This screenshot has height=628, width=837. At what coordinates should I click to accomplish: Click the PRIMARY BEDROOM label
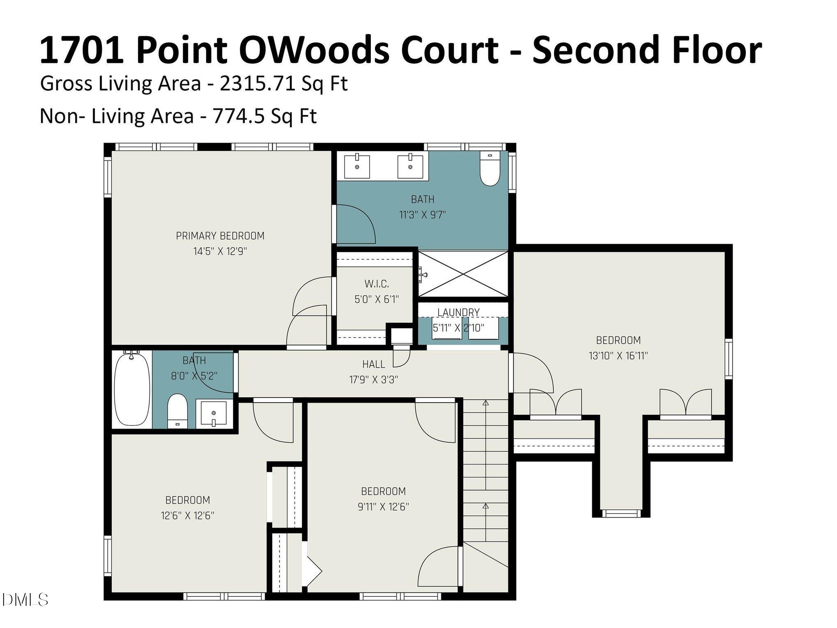coord(220,236)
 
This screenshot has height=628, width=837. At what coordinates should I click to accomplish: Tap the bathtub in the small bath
coord(131,389)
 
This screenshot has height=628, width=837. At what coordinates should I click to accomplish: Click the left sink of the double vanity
coord(356,166)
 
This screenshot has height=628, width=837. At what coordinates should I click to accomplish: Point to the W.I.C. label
coord(376,284)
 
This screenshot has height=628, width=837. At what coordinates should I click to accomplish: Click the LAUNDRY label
coord(458,313)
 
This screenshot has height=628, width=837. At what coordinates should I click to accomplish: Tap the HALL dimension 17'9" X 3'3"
coord(373,380)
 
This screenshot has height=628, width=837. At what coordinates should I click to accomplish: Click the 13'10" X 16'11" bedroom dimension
coord(618,356)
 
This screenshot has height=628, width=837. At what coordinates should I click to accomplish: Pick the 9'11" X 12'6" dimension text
coord(383,507)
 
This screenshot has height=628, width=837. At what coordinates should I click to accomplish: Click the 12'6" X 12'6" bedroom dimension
coord(187,515)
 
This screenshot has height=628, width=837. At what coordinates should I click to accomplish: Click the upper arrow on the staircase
coord(486,403)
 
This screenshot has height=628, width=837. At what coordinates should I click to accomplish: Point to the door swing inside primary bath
coord(355,224)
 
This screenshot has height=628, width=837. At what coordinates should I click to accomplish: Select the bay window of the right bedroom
coord(621,513)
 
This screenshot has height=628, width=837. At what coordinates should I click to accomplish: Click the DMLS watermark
coord(25,600)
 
